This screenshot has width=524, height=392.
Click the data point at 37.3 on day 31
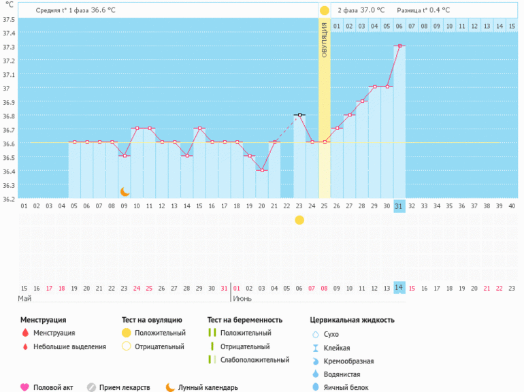pos(399,46)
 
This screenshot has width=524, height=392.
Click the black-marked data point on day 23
pos(299,115)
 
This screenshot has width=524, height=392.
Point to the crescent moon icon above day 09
pos(125,192)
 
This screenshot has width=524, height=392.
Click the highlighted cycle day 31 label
pos(399,206)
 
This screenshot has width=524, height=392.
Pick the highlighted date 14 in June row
pos(399,288)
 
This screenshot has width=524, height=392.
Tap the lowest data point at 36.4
pos(262,170)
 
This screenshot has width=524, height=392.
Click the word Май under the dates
pos(24,299)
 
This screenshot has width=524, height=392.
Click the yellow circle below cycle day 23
pos(299,220)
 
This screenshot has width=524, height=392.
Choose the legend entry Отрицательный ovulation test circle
pos(126,346)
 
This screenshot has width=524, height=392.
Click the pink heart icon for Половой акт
pos(24,387)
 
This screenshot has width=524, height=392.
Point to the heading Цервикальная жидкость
pos(352,319)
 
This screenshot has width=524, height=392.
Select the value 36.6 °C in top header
pos(103,10)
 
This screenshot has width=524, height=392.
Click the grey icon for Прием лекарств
pos(91,387)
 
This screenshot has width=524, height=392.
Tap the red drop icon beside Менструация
pos(24,333)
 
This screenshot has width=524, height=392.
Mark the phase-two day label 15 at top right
pos(512,26)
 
